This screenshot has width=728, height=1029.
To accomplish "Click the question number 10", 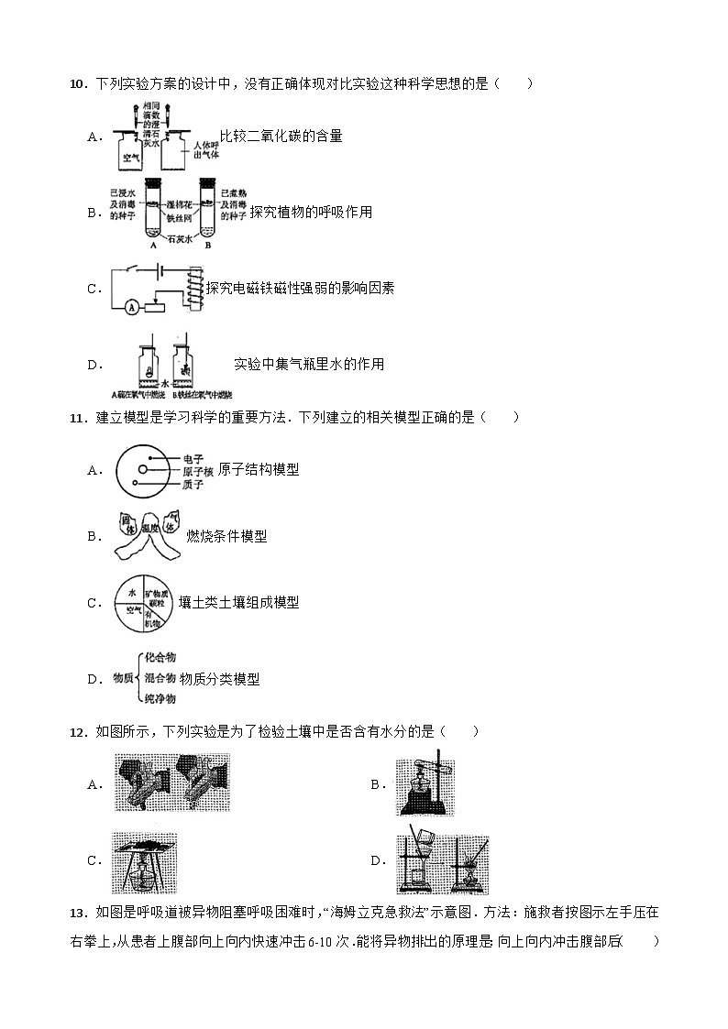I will coord(77,84).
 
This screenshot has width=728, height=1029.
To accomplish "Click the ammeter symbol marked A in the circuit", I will coord(131,308).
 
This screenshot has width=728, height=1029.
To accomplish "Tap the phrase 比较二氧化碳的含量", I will coord(281,137).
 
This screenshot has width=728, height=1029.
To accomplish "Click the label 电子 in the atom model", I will coord(192,457).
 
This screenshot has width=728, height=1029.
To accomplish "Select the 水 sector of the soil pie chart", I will coord(131,593).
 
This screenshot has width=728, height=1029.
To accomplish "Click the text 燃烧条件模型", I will coord(226,536).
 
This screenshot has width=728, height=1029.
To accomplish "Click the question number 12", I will coord(77,731).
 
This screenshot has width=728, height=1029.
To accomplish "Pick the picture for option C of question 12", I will coord(144,863).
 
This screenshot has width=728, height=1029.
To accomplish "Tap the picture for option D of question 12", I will coord(442,863).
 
